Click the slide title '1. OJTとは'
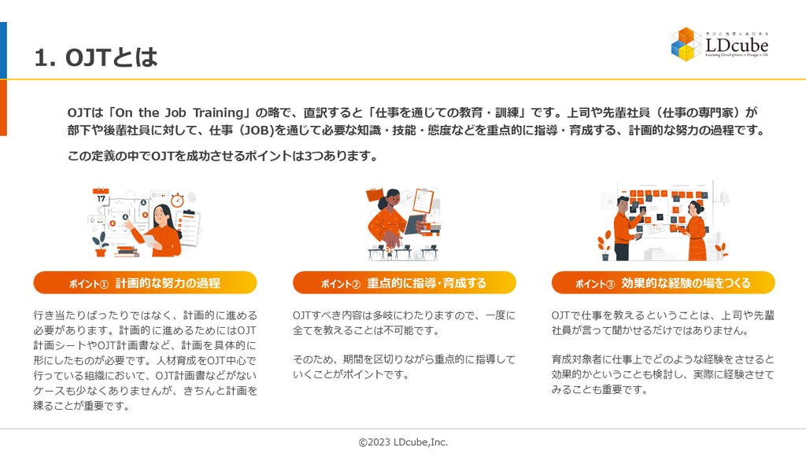pyautogui.click(x=96, y=57)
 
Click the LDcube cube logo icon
pyautogui.click(x=686, y=44)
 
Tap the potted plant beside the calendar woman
pyautogui.click(x=100, y=245)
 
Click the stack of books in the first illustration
pyautogui.click(x=126, y=250)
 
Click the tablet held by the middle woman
pyautogui.click(x=415, y=224)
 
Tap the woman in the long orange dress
pyautogui.click(x=695, y=231)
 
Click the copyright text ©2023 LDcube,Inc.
pyautogui.click(x=403, y=442)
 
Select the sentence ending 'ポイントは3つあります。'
pyautogui.click(x=223, y=156)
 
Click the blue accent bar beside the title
pyautogui.click(x=3, y=50)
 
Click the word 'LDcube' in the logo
pyautogui.click(x=736, y=45)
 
